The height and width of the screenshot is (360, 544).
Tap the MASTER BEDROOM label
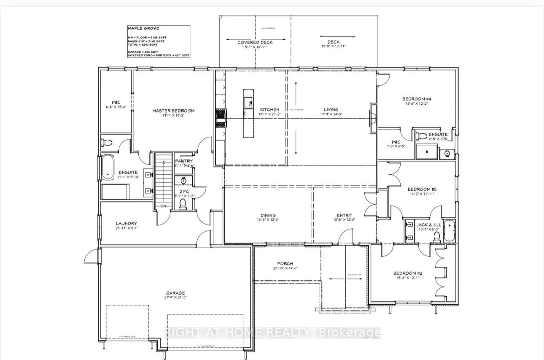click(x=173, y=111)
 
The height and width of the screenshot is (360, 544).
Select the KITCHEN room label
click(x=269, y=110)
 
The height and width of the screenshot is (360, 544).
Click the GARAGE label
click(x=175, y=293)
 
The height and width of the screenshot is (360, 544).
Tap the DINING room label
click(x=268, y=215)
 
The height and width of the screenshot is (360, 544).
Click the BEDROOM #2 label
click(x=407, y=273)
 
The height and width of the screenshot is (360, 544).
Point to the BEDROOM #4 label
click(x=416, y=99)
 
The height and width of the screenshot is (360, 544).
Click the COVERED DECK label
click(x=255, y=43)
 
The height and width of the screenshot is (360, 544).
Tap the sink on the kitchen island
click(x=248, y=101)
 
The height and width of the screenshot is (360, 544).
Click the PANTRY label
click(x=184, y=161)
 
